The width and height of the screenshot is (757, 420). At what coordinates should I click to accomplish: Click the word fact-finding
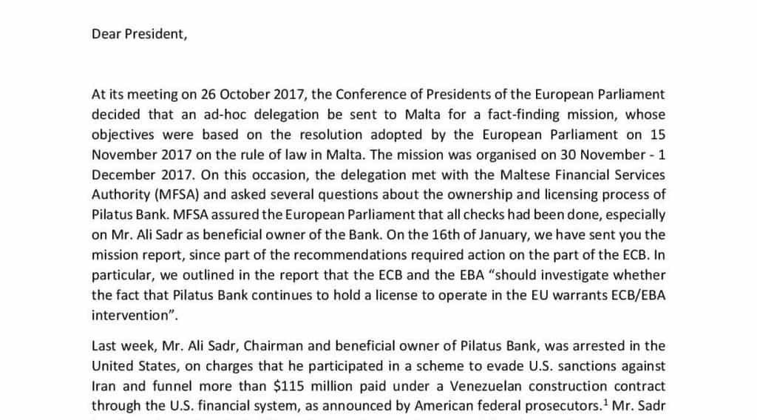[x=520, y=115]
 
